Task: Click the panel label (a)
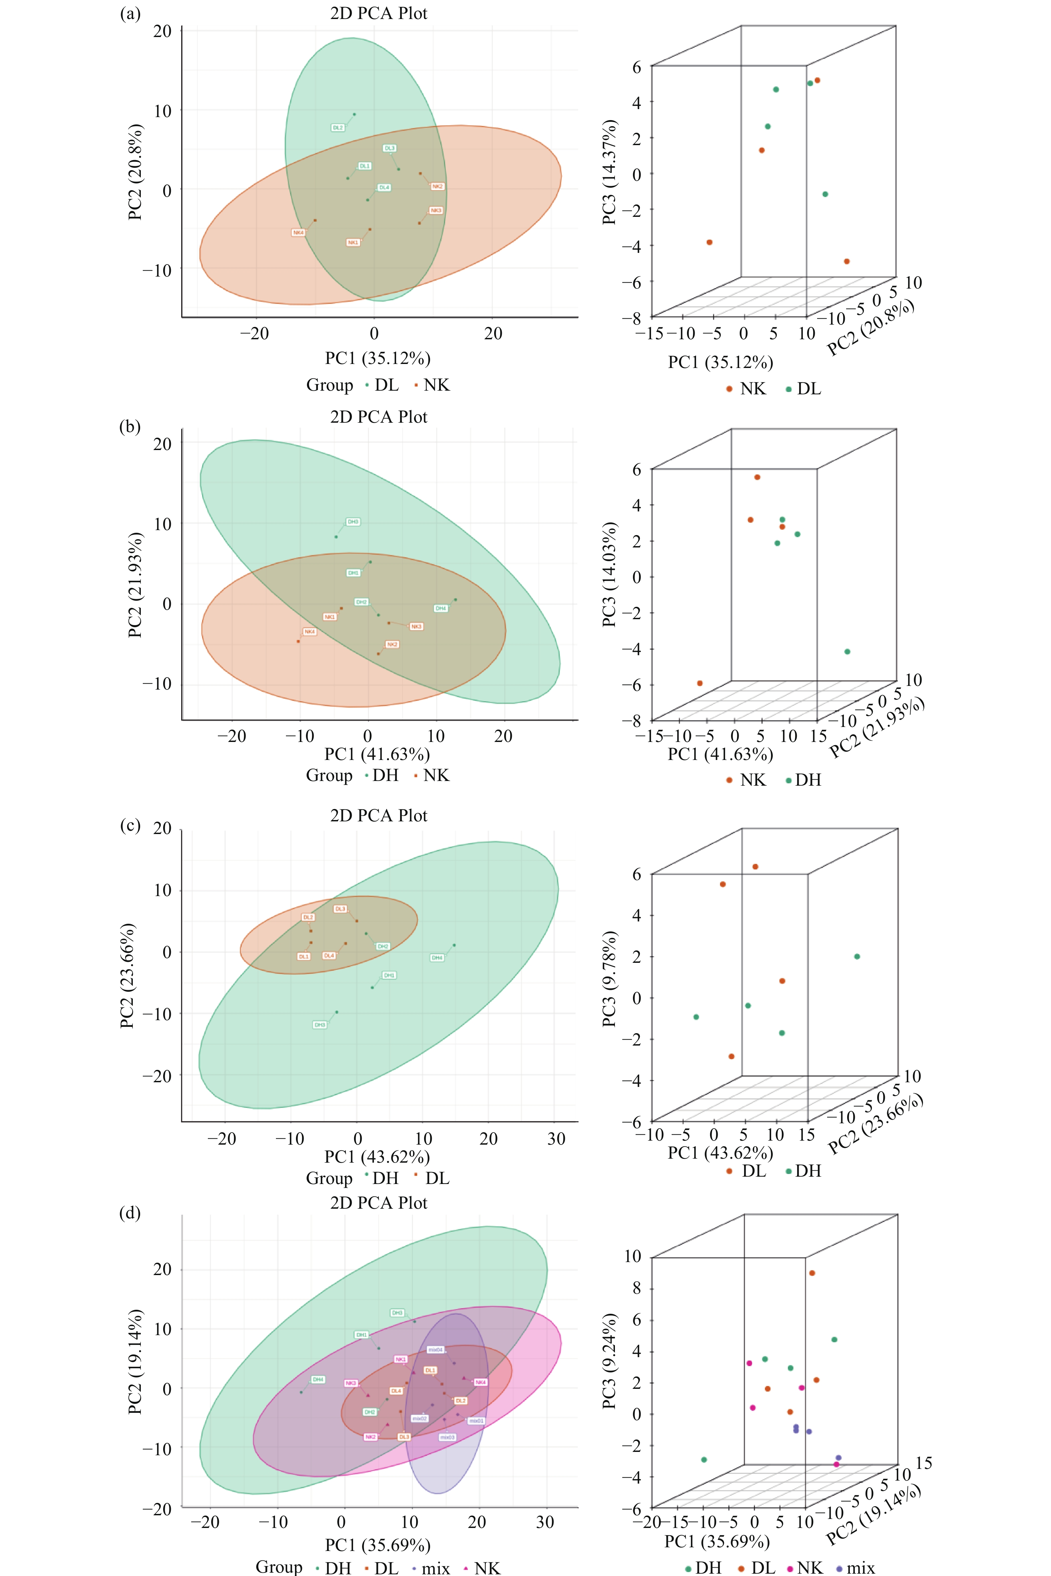click(x=129, y=13)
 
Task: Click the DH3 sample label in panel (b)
click(x=353, y=521)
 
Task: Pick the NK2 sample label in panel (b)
click(x=392, y=644)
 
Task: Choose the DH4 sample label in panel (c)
click(x=437, y=957)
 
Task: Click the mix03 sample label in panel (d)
click(x=447, y=1437)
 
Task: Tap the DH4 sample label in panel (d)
click(x=318, y=1379)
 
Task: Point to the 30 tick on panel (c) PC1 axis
click(x=556, y=1138)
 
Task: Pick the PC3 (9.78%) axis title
click(x=609, y=978)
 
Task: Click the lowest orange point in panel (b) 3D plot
click(x=700, y=684)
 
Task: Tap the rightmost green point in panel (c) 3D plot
click(x=856, y=956)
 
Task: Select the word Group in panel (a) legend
click(x=329, y=385)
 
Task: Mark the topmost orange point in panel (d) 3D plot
click(x=812, y=1273)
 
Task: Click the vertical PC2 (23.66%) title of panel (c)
click(x=127, y=975)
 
